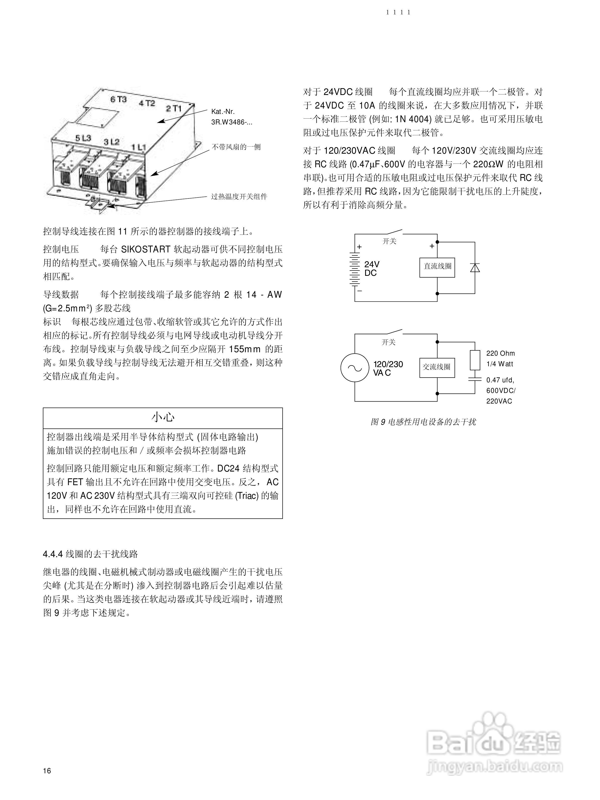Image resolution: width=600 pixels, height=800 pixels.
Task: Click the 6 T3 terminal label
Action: coord(118,99)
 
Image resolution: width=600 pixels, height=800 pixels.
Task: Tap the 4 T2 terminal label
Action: coord(146,103)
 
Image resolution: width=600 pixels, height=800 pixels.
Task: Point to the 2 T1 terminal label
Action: coord(174,108)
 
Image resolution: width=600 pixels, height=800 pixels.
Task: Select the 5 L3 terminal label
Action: coord(83,138)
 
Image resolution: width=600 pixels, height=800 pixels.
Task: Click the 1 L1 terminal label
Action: coord(138,147)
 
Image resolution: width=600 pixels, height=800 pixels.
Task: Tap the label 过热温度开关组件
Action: coord(239,197)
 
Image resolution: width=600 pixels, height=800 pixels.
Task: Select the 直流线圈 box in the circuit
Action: coord(437,267)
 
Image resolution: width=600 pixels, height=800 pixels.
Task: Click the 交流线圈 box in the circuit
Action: coord(437,368)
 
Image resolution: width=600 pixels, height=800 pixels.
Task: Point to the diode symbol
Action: coord(474,268)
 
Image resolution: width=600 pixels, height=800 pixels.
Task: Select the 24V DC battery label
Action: coord(372,269)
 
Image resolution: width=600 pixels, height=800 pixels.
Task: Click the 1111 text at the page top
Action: coord(398,12)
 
